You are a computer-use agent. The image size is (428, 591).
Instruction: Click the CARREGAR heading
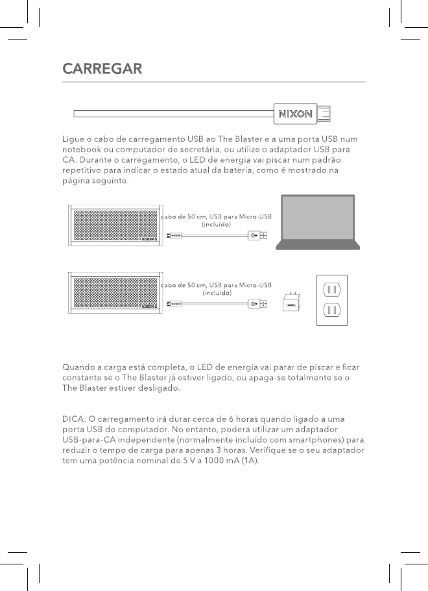point(102,69)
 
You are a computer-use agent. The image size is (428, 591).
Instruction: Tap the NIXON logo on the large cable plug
point(295,115)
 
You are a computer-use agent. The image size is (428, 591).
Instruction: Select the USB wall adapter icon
point(289,302)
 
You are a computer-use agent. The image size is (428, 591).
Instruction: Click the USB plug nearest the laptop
point(257,236)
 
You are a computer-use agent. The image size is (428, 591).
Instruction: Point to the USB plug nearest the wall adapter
point(257,302)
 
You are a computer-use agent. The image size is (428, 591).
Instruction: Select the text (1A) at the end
point(247,467)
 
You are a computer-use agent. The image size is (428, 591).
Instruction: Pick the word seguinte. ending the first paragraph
point(110,181)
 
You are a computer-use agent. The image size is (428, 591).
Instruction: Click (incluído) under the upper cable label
point(217,224)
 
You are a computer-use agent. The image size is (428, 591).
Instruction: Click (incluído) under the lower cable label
point(217,292)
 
